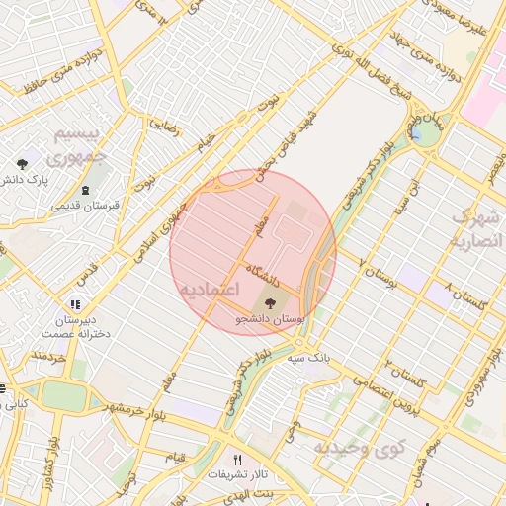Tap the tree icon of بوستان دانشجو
[x=272, y=302]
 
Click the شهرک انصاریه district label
[x=476, y=227]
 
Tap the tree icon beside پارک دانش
[x=22, y=163]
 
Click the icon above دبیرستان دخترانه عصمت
[x=75, y=303]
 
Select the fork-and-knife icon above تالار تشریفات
[x=237, y=460]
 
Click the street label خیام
[x=205, y=146]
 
